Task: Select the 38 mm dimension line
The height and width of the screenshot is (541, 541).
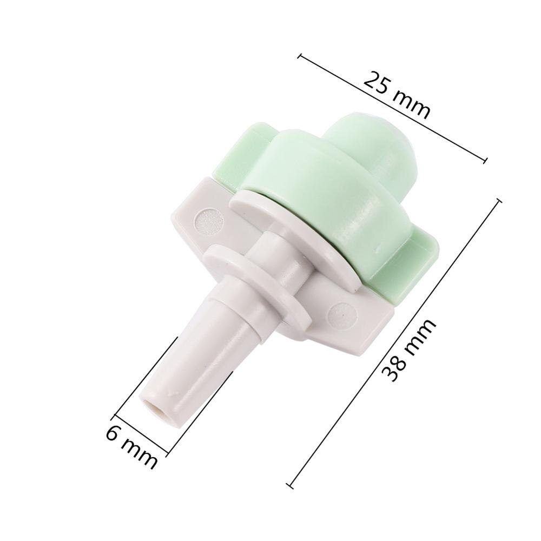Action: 395,341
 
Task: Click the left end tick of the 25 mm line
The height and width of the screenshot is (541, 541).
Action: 300,55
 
